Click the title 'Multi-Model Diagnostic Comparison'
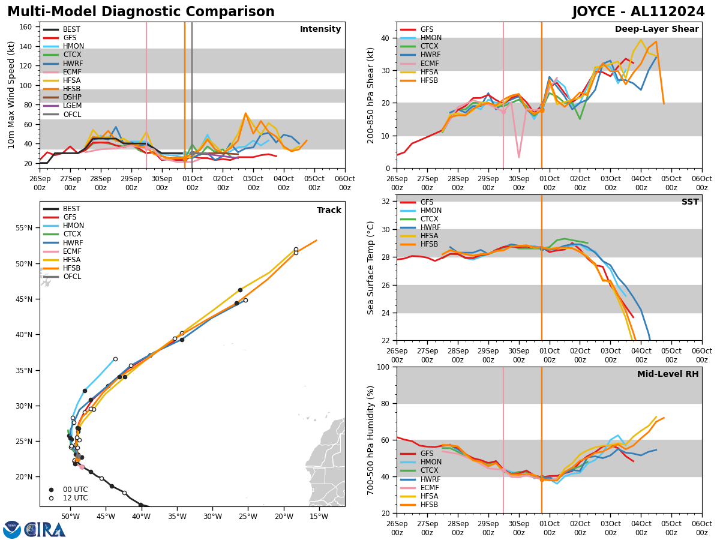click(141, 12)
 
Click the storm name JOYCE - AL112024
click(638, 12)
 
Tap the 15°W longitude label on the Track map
click(319, 517)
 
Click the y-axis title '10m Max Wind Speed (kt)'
click(11, 95)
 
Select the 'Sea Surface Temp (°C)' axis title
click(371, 268)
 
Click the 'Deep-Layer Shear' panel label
click(656, 29)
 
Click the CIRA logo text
click(45, 530)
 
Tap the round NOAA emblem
click(12, 530)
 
